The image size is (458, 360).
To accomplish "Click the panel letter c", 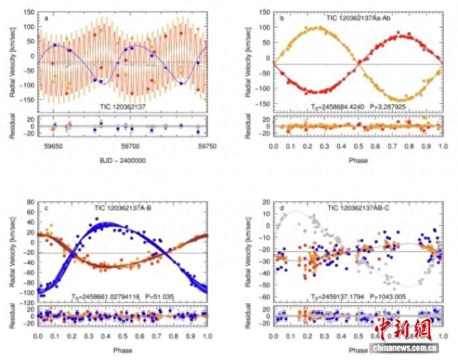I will point(46,209).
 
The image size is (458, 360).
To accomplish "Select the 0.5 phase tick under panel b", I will point(359,148).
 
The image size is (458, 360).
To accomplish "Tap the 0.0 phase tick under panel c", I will point(38,337).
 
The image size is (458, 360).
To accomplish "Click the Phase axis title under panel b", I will point(358,159).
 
